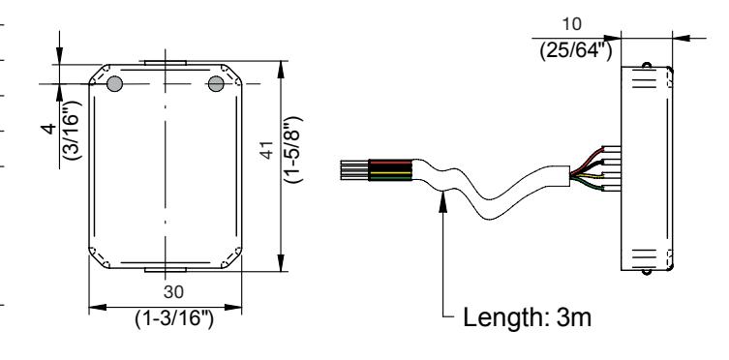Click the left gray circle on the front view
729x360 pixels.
(x=115, y=84)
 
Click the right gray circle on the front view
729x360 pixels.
(x=216, y=84)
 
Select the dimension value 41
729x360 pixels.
(x=267, y=150)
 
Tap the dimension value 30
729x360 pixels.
(x=173, y=292)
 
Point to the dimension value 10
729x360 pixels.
(x=571, y=24)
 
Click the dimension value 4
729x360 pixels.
(x=49, y=128)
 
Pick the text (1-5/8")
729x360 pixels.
(x=293, y=149)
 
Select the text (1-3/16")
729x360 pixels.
(x=174, y=319)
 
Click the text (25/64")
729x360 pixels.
(x=576, y=49)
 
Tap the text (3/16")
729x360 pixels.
(x=72, y=130)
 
